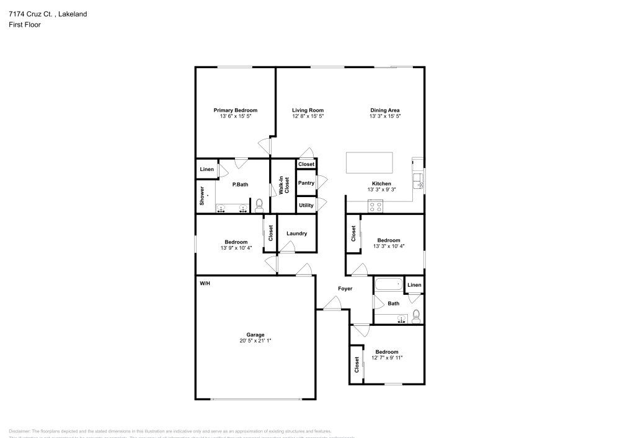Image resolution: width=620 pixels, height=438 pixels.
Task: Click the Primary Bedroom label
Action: pyautogui.click(x=235, y=110)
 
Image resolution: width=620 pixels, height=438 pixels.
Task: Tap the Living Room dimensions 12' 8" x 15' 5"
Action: pyautogui.click(x=308, y=116)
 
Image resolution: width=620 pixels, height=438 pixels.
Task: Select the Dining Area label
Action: pyautogui.click(x=385, y=110)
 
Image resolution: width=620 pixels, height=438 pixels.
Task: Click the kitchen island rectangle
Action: pyautogui.click(x=370, y=162)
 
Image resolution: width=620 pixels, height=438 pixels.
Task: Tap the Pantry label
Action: pyautogui.click(x=306, y=183)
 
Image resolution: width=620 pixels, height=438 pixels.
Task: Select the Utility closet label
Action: pyautogui.click(x=306, y=205)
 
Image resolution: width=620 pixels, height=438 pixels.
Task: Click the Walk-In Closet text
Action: pyautogui.click(x=283, y=186)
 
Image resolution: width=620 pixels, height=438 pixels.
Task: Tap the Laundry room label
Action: pyautogui.click(x=296, y=234)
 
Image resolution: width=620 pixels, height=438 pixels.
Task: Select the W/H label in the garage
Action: pyautogui.click(x=205, y=283)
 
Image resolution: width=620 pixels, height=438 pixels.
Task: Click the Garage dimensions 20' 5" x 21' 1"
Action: pyautogui.click(x=255, y=341)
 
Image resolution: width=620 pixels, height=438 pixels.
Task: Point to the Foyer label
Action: pyautogui.click(x=345, y=289)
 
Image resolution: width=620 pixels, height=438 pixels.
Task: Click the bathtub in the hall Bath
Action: pyautogui.click(x=389, y=286)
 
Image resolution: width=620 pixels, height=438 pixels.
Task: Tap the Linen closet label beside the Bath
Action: pyautogui.click(x=414, y=285)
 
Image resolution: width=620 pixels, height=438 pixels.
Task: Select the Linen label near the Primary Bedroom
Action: pyautogui.click(x=206, y=169)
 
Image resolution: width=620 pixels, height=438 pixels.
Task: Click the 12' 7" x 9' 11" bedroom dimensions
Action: pyautogui.click(x=387, y=358)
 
